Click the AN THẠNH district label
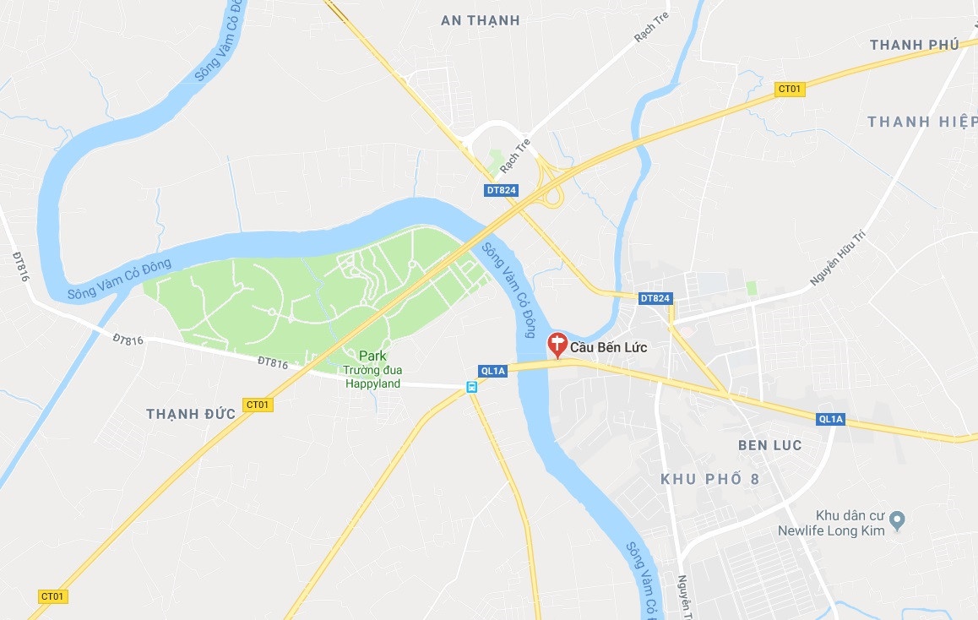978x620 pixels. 481,20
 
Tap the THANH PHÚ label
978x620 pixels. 915,45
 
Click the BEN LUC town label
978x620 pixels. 769,445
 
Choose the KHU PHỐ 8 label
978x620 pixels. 709,479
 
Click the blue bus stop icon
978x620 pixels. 471,387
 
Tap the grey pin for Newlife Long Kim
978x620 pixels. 898,519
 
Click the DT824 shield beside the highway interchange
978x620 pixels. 502,191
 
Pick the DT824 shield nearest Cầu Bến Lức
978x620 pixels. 655,298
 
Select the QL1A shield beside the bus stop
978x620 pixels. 492,370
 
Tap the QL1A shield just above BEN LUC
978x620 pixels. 830,419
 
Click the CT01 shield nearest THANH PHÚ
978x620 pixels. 790,89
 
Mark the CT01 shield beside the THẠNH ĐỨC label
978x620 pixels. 258,405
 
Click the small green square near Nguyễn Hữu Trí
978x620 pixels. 752,289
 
